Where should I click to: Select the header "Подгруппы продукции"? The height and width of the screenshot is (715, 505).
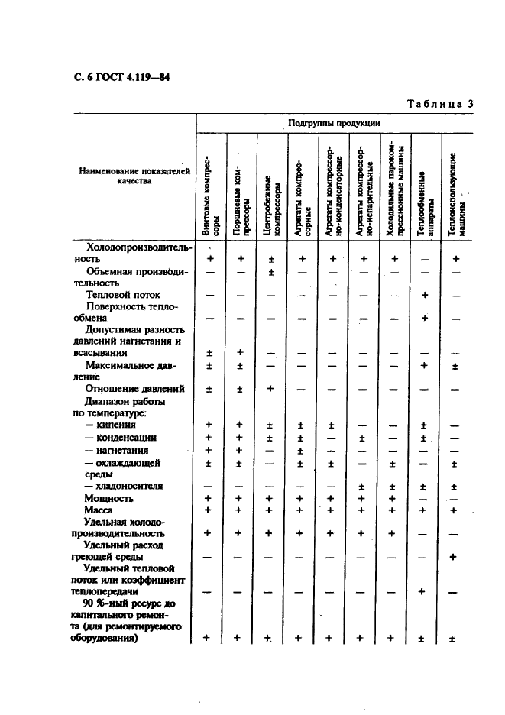[334, 123]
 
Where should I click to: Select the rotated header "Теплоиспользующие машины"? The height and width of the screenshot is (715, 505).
[456, 195]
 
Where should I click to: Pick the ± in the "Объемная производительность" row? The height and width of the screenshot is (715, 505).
[271, 272]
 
